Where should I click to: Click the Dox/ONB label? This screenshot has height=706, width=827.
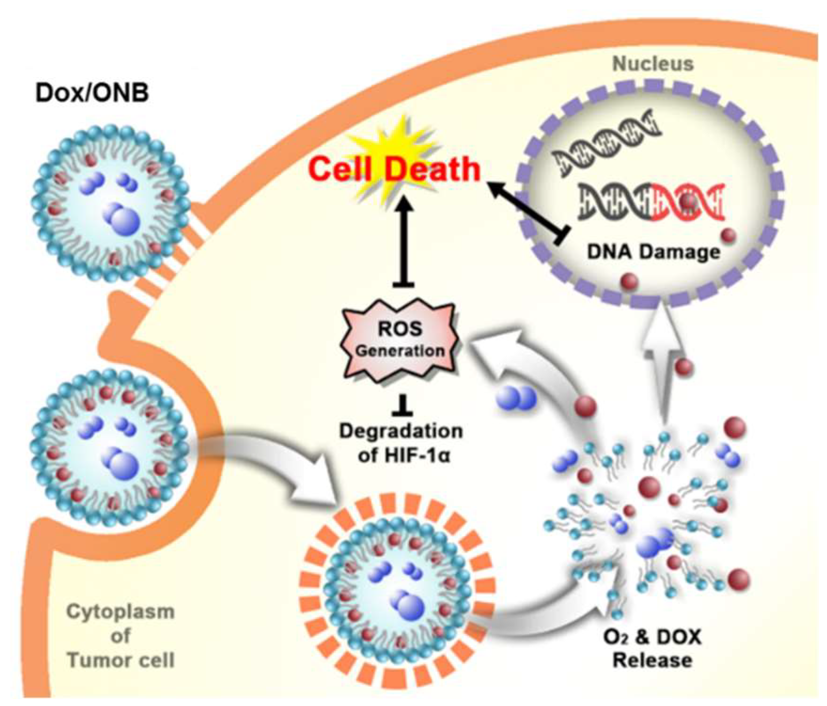92,93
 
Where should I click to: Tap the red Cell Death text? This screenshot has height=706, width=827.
394,169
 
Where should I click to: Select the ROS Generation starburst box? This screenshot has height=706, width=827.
400,340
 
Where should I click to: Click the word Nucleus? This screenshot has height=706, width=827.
653,64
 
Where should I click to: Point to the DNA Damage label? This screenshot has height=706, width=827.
653,252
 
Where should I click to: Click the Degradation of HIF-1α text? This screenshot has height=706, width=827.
400,443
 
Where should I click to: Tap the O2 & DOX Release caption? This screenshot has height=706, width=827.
652,649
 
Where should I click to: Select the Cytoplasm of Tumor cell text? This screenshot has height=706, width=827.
120,636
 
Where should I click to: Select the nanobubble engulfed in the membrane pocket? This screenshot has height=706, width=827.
111,447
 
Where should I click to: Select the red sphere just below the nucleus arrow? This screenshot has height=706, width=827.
684,367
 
